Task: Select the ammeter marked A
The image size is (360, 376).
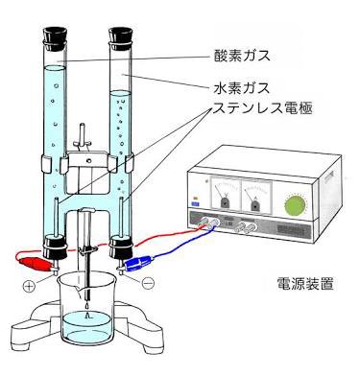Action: (255, 197)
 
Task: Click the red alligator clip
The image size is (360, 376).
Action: (32, 257)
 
